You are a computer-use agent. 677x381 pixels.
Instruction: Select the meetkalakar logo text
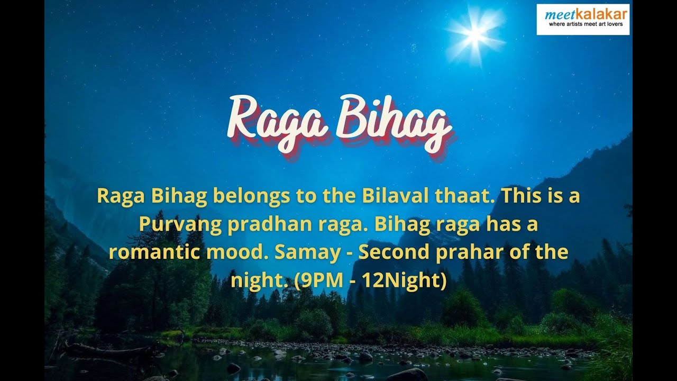tap(583, 14)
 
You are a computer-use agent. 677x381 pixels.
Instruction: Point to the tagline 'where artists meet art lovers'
tap(583, 24)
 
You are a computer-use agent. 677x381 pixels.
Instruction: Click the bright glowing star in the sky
tap(474, 33)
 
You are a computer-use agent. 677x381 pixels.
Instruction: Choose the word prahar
tap(466, 252)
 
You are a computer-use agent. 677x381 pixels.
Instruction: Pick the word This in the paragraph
tap(519, 196)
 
